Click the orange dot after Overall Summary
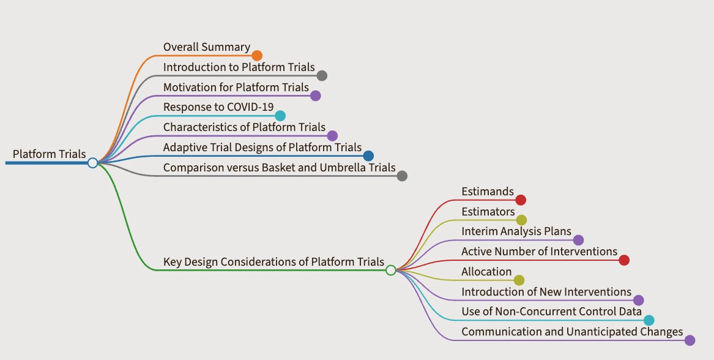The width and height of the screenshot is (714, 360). coord(257,56)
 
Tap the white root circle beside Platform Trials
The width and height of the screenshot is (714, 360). coord(92,163)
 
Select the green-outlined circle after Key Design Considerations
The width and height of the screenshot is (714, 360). coord(391,270)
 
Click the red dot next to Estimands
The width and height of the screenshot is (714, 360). coord(521,200)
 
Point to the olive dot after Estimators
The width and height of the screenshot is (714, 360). coord(521,220)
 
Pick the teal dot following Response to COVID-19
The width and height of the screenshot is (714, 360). coord(280,116)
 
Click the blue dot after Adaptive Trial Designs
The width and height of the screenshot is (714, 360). coord(368,156)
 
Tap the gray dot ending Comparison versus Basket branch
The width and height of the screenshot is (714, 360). coord(401,176)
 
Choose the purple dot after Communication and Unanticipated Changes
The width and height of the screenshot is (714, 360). coord(690,340)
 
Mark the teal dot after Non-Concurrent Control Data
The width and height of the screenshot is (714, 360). coord(649,320)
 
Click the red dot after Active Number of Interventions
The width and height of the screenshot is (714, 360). coord(624,260)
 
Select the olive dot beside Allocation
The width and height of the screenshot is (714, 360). coord(519,280)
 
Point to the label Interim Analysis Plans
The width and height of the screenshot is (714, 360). coord(516,231)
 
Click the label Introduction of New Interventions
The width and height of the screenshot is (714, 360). coord(546,291)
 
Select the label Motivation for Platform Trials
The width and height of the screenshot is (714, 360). coord(236,87)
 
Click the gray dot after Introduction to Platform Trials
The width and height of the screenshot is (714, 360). coord(322,76)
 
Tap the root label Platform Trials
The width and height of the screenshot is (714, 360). coord(49,154)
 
